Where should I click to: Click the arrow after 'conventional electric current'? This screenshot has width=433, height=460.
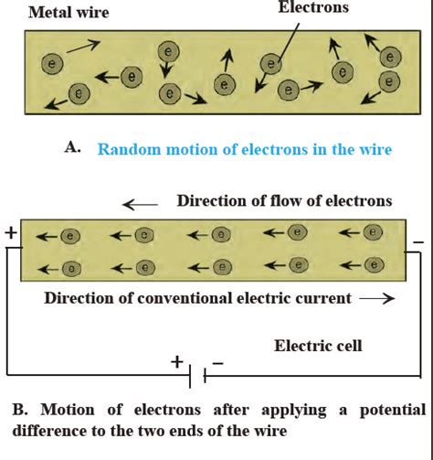[x=377, y=298]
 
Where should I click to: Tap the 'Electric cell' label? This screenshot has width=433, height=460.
[x=318, y=345]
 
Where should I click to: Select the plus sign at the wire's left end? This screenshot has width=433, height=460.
[x=10, y=232]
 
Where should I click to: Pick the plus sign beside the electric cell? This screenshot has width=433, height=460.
[x=176, y=360]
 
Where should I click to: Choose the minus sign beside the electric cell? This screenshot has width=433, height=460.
[x=219, y=362]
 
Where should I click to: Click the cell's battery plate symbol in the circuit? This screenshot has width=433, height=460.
[x=198, y=374]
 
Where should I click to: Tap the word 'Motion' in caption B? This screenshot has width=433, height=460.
[x=67, y=409]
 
